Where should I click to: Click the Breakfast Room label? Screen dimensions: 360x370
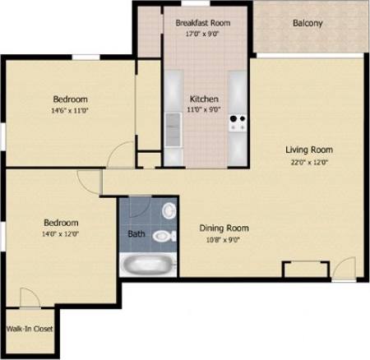[202, 23]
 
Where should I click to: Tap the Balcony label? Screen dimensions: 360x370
[307, 23]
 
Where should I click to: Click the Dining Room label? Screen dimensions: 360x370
[224, 228]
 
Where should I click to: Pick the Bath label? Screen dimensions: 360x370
[136, 233]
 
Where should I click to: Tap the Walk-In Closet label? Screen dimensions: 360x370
[29, 329]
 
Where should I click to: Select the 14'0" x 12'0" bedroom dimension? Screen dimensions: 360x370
[61, 234]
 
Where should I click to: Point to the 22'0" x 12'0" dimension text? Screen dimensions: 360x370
[308, 162]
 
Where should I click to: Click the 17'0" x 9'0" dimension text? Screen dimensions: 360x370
[202, 35]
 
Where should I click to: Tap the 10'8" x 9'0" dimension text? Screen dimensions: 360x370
[224, 240]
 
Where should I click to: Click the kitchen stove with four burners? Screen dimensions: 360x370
[238, 123]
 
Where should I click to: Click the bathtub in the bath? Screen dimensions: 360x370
[148, 265]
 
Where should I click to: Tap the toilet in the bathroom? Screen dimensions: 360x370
[164, 236]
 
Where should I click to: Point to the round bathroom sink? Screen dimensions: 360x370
[169, 210]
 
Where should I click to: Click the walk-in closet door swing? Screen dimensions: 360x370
[29, 298]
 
